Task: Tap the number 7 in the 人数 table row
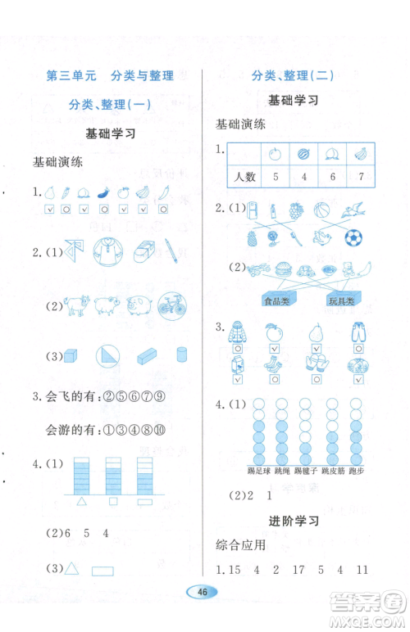pyautogui.click(x=361, y=177)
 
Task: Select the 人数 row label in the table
pyautogui.click(x=244, y=177)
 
